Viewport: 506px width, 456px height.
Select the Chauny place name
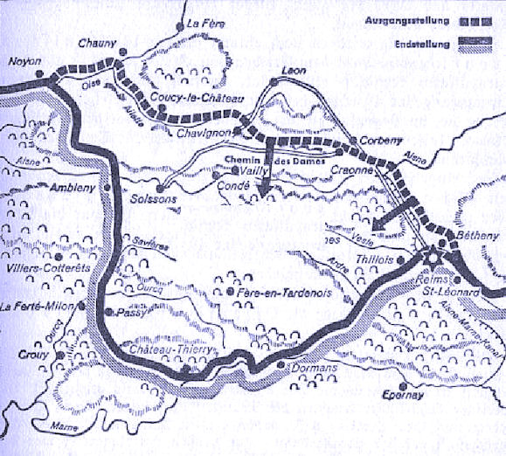click(91, 43)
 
